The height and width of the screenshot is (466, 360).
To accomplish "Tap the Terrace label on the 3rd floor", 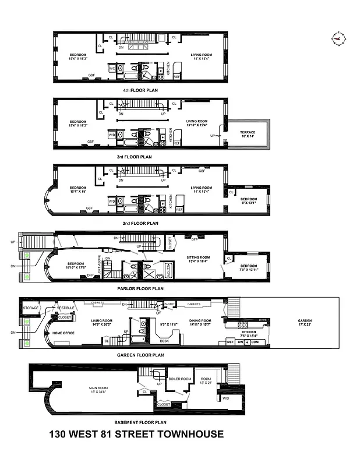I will coord(248,132).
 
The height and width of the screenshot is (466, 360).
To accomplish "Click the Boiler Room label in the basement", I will coord(180,379).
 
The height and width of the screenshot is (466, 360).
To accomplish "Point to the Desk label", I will coord(165,340).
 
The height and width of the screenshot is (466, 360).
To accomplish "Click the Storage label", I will coord(31,308).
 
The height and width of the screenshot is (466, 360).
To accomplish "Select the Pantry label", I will coord(170,303).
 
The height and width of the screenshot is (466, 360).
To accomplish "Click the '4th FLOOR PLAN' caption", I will coord(140,90).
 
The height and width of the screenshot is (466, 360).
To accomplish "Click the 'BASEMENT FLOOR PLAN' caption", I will coord(140,422).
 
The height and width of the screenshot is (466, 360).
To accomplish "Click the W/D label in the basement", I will coord(226,398).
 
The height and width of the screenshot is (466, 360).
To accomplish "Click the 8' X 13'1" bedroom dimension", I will coord(249,203).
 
